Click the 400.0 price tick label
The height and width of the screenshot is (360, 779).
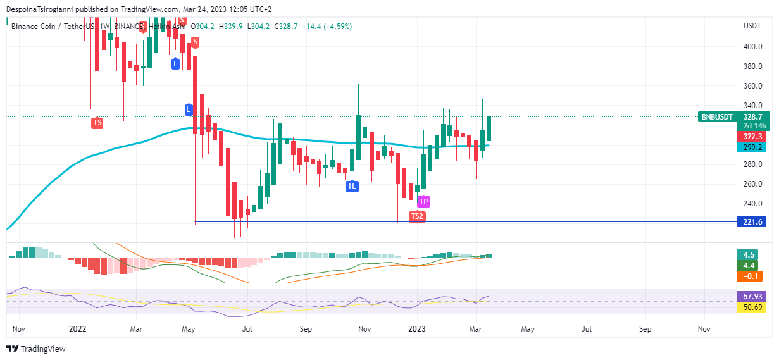click(752, 46)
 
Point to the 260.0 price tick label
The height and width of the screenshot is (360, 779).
click(752, 184)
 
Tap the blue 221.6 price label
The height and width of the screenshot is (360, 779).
click(752, 221)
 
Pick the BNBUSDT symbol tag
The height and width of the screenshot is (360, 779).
click(717, 117)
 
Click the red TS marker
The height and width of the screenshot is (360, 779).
click(97, 123)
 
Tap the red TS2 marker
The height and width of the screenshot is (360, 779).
click(416, 216)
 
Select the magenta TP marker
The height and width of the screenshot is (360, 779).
click(423, 202)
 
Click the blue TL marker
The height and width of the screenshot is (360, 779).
click(352, 186)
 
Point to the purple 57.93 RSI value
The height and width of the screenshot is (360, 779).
click(751, 296)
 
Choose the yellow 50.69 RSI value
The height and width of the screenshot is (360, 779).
click(751, 307)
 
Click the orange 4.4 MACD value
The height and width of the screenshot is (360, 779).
click(749, 266)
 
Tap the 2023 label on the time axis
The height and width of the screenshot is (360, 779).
click(417, 329)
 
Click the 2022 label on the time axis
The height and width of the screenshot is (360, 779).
click(77, 329)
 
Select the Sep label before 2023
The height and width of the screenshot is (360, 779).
click(306, 329)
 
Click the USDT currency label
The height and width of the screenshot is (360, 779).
click(752, 26)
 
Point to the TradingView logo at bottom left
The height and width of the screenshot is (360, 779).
click(36, 349)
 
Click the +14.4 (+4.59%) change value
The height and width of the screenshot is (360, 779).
click(327, 27)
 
